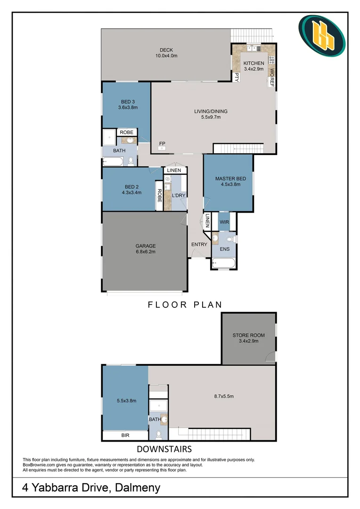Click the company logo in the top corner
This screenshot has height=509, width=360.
coord(322,36)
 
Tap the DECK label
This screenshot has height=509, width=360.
coord(166,50)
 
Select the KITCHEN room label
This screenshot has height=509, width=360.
coord(254,63)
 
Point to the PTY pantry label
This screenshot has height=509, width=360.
coord(237,78)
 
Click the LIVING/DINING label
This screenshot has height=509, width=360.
coord(211,112)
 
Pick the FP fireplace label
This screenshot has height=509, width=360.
coord(162,143)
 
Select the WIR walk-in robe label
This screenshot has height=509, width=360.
coord(224,221)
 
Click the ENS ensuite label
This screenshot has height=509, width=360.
coord(224,248)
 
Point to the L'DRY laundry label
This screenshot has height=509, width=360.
coord(178,195)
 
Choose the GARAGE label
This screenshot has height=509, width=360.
coord(146,246)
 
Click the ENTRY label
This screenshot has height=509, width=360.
coord(199,244)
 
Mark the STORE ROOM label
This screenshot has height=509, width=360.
coord(248,336)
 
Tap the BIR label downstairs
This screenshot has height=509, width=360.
coord(125,436)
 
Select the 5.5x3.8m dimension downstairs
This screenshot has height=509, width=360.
coord(126,401)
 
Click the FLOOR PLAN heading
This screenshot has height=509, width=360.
coord(185,304)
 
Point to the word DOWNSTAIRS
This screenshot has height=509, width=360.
coord(164,449)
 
